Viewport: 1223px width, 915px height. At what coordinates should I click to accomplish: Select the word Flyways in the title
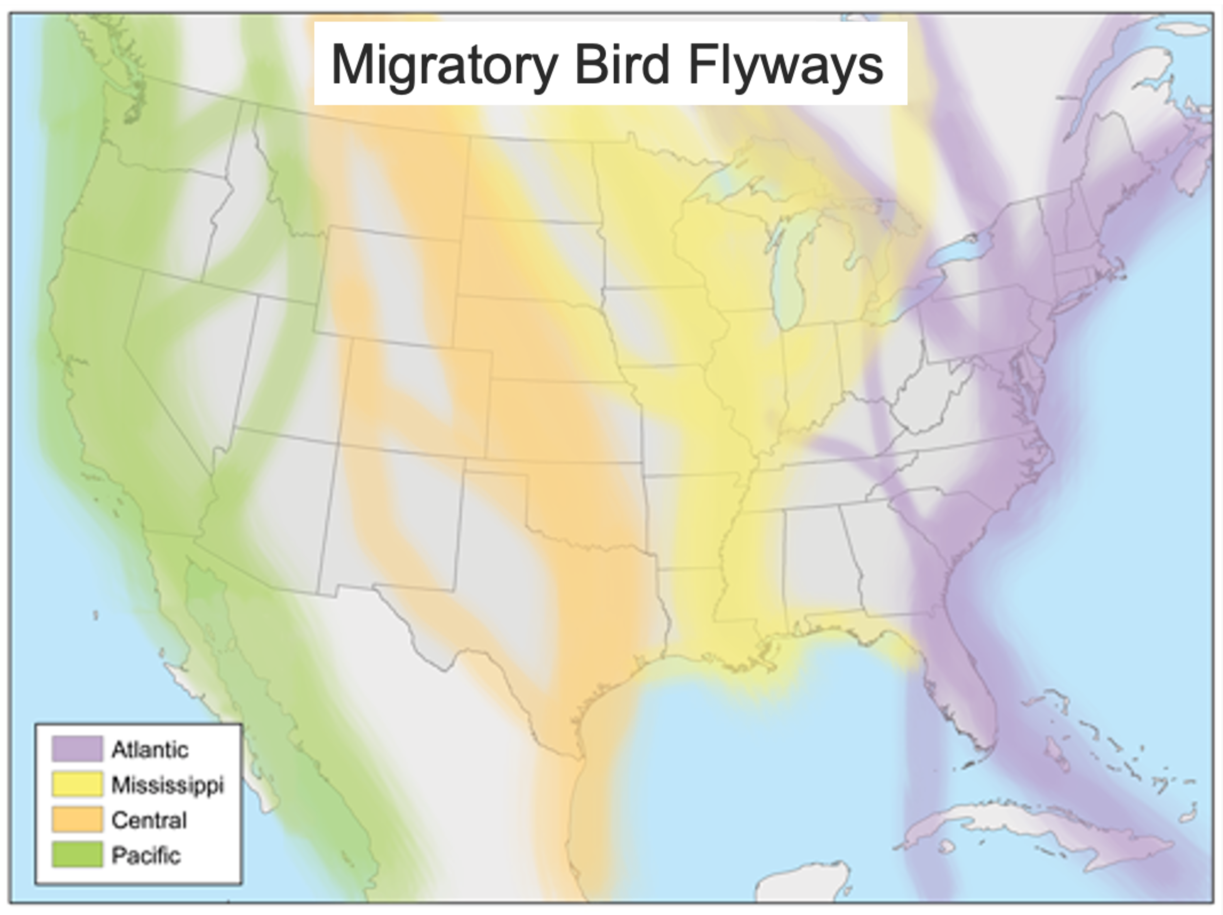[x=786, y=65]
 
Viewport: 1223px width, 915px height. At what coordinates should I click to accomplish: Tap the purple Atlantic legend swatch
[x=77, y=749]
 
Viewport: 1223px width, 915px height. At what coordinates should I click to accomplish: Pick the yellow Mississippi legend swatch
[x=77, y=784]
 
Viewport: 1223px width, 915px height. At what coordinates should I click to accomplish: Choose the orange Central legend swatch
[x=77, y=820]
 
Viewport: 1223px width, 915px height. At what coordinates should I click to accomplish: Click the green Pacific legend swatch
[x=77, y=855]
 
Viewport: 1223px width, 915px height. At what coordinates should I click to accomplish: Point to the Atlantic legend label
[x=150, y=750]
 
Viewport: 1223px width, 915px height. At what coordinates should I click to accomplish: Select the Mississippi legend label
[x=167, y=785]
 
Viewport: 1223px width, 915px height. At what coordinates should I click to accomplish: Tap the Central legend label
[x=149, y=821]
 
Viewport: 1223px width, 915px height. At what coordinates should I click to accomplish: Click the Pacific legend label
[x=146, y=855]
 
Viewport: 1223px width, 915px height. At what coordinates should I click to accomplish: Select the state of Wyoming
[x=387, y=282]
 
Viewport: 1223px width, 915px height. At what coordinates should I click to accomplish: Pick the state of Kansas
[x=564, y=420]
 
